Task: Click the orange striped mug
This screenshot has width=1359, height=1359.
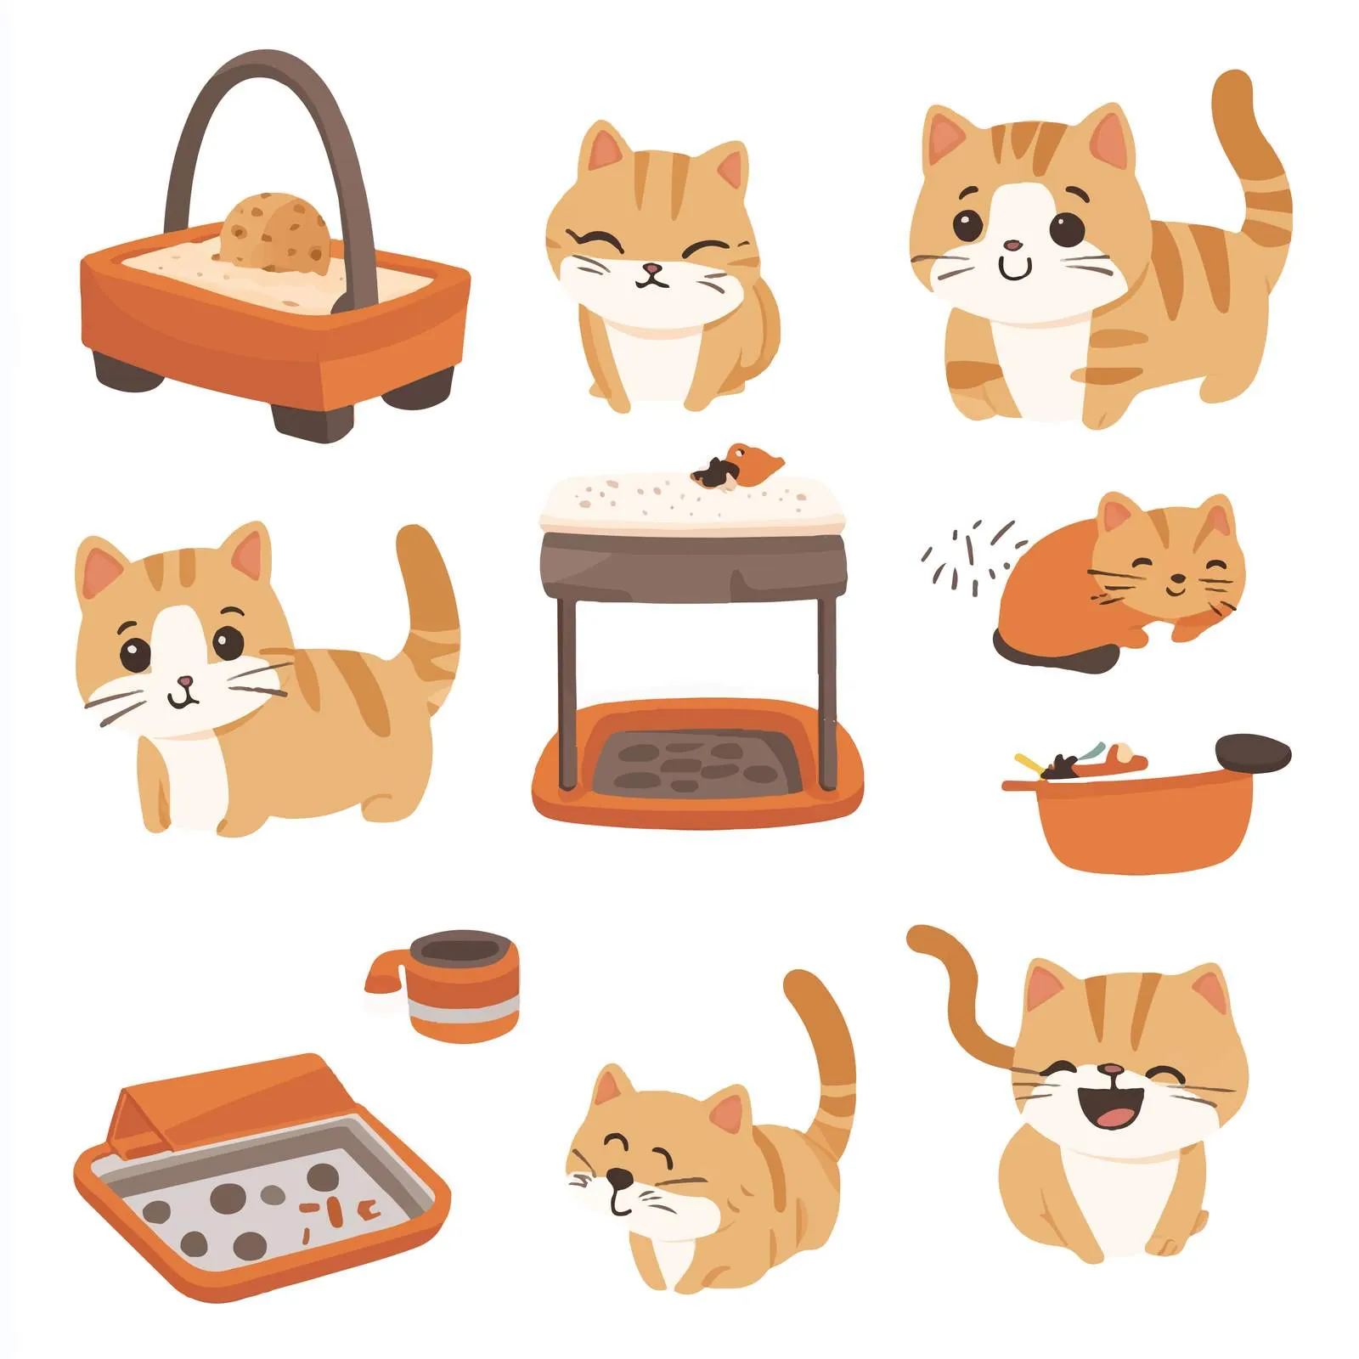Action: coord(463,985)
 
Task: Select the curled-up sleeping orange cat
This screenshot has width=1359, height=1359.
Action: coord(1121,586)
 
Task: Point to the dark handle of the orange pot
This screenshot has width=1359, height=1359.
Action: coord(1253,753)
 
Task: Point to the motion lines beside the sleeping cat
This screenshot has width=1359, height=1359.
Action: coord(968,552)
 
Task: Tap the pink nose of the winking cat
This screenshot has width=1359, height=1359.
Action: coord(651,269)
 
